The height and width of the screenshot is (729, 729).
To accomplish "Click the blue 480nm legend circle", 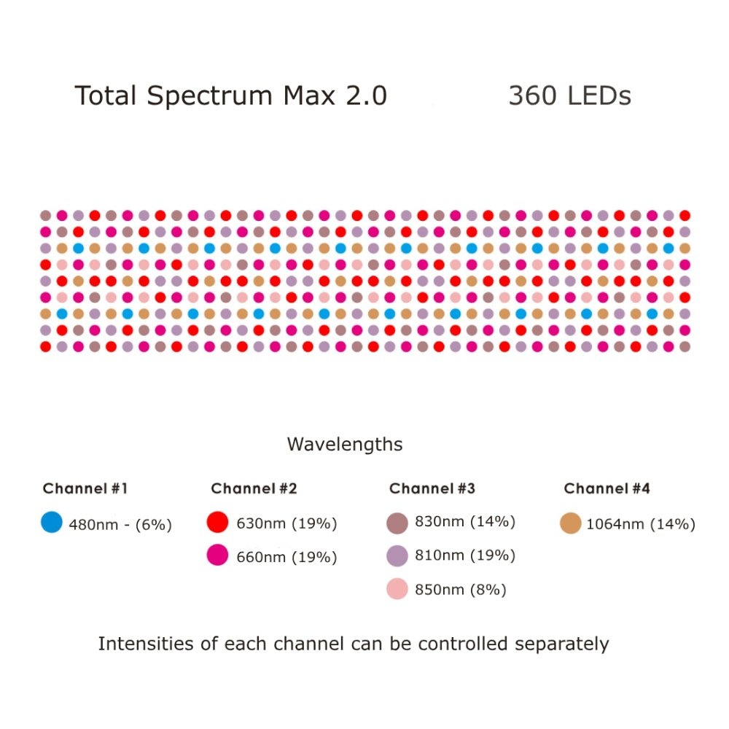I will coord(52,522).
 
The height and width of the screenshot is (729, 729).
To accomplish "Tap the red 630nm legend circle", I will coord(219,522).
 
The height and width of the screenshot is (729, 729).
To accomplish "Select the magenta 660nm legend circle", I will coord(219,556).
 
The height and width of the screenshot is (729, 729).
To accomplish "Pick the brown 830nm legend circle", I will coord(397,522).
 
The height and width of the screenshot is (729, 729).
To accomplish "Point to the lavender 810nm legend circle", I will coord(397,555).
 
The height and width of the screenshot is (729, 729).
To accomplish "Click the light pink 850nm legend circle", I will coord(397,589).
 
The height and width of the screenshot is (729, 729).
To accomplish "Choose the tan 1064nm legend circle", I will coord(571,523).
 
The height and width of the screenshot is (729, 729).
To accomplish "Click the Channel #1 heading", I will coord(85,488).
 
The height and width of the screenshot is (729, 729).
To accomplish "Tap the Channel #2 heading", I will coord(254,488).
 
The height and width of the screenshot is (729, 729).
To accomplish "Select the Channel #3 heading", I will coord(432,488).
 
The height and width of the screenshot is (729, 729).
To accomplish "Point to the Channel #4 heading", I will coord(607,488).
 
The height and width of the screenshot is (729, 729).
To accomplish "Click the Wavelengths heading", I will coord(344,444).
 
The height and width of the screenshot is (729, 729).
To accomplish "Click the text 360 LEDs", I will coord(569,96).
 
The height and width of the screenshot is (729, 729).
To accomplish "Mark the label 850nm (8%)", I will coord(460,590).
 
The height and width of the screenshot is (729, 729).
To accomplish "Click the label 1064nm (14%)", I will coord(641,524).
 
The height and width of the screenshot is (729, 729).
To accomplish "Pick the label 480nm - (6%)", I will coord(120,524).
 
